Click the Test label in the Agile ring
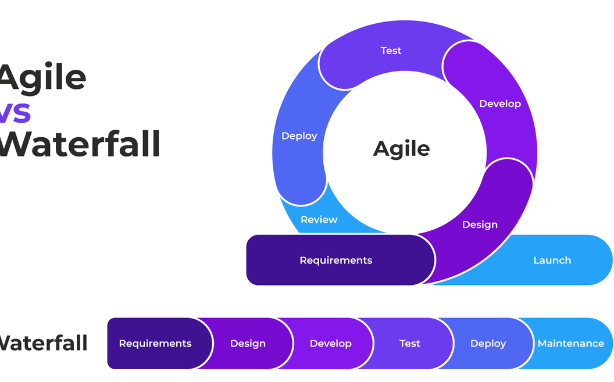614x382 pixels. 391,51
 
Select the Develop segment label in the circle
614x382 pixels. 499,103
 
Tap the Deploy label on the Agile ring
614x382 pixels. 299,135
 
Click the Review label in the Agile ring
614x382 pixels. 319,220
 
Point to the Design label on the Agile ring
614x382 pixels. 480,224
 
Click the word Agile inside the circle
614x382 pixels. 401,149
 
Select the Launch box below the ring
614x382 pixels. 552,260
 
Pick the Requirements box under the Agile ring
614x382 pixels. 335,260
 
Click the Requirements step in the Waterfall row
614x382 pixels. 155,344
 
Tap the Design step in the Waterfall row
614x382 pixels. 248,344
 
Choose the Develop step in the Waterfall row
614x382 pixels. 330,344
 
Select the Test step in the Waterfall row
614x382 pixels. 409,344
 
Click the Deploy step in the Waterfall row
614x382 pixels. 488,344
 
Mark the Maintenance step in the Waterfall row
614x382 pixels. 570,344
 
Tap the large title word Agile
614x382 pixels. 42,78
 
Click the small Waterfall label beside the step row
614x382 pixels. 44,344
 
